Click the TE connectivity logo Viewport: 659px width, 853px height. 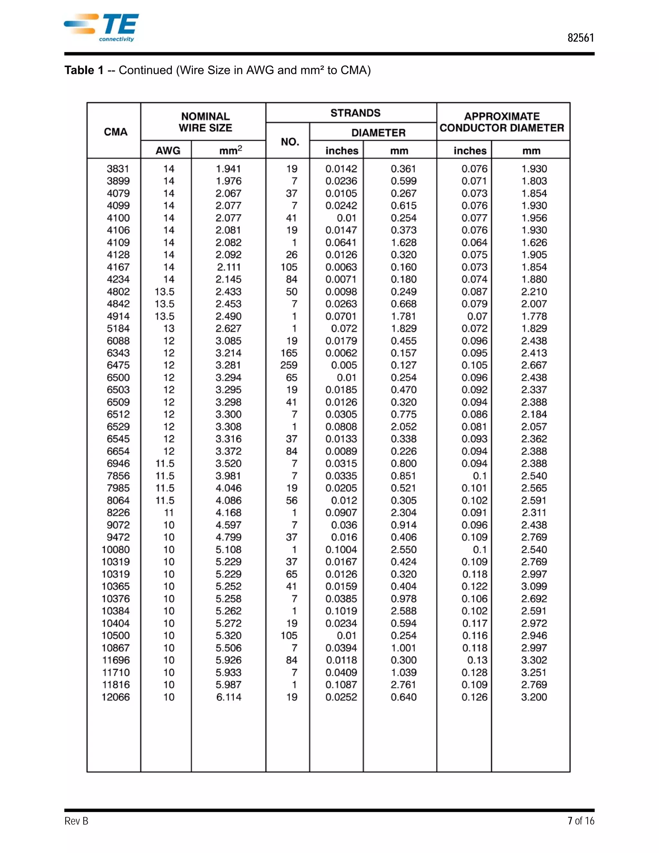[101, 28]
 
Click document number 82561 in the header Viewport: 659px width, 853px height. [580, 38]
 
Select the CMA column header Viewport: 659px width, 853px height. [116, 132]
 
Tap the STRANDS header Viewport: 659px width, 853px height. [355, 113]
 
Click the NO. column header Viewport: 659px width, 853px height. [290, 141]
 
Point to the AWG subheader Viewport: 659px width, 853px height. [168, 151]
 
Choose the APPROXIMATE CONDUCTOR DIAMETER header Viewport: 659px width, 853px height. [502, 122]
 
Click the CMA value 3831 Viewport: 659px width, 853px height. [118, 169]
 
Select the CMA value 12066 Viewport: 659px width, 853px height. [116, 697]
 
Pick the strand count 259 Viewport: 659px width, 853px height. [289, 365]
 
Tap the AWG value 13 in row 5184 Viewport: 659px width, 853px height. [169, 328]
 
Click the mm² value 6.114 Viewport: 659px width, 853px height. [229, 697]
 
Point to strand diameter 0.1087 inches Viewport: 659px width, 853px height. [341, 685]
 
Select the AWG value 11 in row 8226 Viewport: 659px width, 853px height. [169, 512]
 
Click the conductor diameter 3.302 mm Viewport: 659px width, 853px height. [534, 660]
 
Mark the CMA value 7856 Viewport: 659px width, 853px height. [118, 476]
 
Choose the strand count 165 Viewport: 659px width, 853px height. [289, 353]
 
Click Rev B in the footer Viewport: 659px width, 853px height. [77, 821]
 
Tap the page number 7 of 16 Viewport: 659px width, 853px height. [580, 821]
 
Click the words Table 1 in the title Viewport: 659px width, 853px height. [84, 70]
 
